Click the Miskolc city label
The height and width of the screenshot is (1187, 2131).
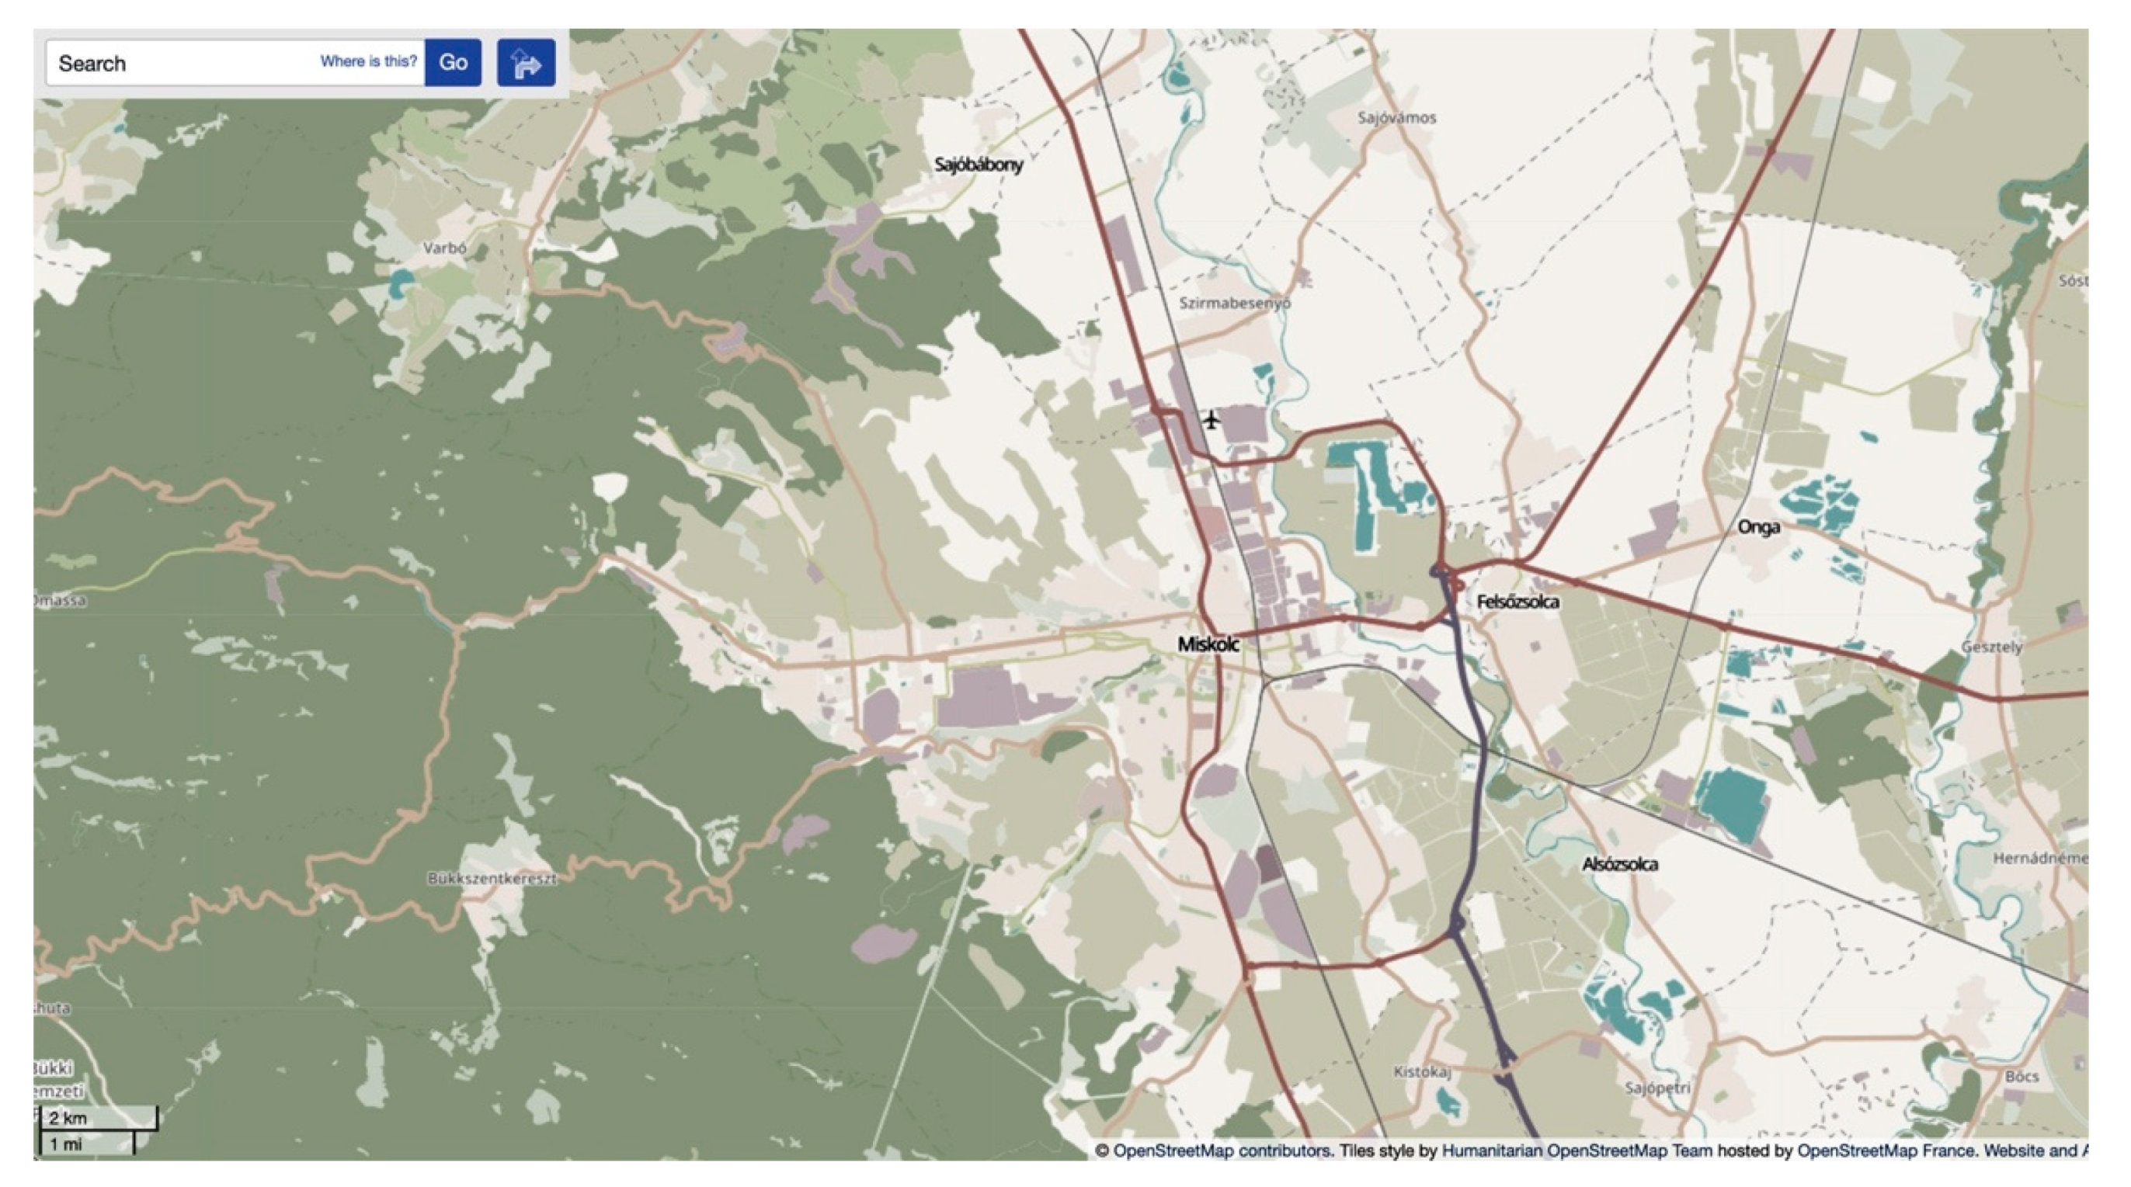pos(1208,644)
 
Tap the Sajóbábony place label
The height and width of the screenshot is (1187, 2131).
pos(979,165)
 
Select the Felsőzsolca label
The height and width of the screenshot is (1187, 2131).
pos(1517,602)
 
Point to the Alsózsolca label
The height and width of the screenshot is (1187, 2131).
pos(1619,864)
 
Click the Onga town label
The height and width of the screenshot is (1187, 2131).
pos(1758,527)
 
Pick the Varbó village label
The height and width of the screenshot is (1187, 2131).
pos(444,248)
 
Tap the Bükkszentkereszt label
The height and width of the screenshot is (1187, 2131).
pos(492,879)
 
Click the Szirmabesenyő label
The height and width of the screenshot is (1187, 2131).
pos(1234,303)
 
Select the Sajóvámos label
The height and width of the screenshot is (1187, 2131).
pos(1396,118)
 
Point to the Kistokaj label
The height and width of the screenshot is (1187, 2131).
pos(1422,1072)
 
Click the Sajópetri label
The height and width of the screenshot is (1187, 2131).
pos(1657,1088)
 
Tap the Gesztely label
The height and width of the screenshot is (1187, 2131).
pos(1991,647)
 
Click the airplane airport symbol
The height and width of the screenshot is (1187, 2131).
pos(1211,420)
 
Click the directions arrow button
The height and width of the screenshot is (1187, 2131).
pos(525,63)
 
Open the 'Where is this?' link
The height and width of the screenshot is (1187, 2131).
pos(368,61)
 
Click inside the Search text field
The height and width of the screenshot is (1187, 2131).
pos(182,63)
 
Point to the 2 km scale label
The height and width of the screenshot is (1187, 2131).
pos(68,1119)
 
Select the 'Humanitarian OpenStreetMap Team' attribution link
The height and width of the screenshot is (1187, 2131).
pos(1576,1151)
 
